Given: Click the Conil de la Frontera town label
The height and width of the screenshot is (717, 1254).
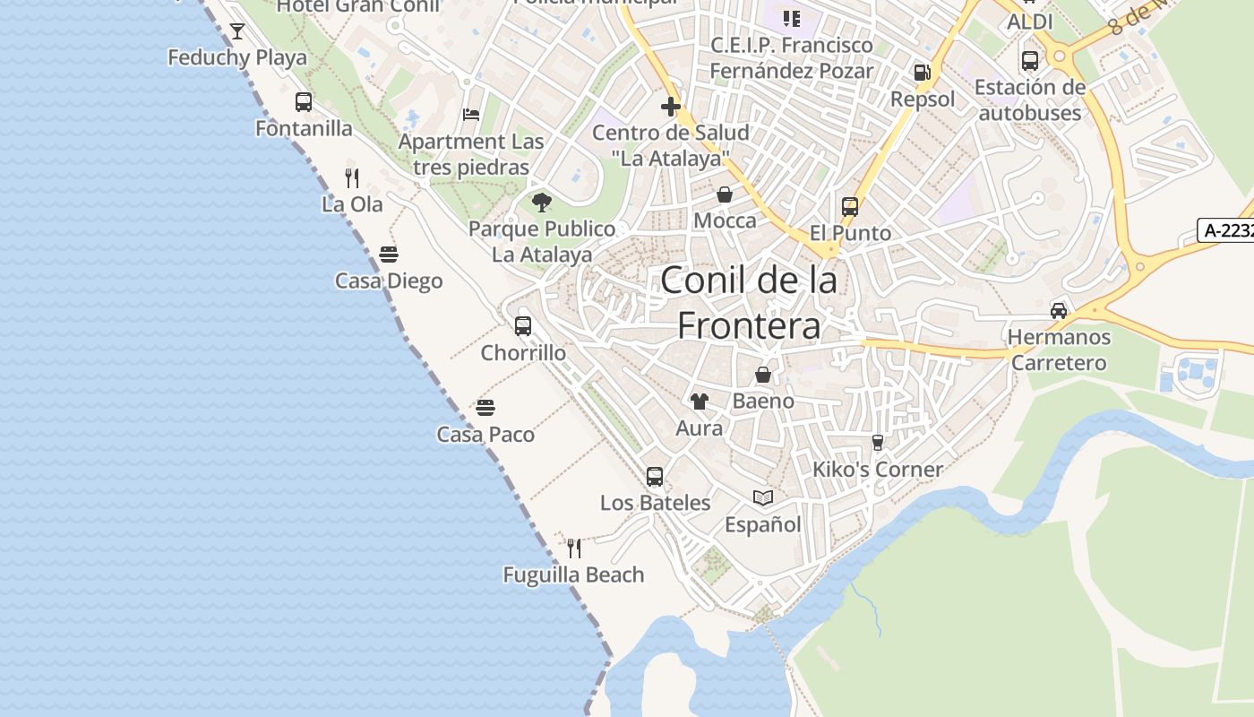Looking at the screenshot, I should click(749, 303).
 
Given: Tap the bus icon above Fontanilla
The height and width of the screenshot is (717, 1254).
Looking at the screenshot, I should click(304, 102).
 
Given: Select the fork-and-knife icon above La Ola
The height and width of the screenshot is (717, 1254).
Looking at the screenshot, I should click(352, 178).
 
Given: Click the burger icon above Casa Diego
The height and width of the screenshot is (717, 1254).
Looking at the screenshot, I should click(389, 255).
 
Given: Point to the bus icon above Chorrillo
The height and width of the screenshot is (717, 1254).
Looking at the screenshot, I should click(523, 326).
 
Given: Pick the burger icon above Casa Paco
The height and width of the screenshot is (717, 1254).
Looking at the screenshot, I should click(485, 408).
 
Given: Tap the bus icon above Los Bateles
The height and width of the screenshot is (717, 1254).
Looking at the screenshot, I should click(655, 477).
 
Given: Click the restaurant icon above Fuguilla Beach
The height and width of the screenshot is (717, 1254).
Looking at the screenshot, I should click(574, 548).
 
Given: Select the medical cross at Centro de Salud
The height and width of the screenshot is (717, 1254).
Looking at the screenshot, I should click(670, 108).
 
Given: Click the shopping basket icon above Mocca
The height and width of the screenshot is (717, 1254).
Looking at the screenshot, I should click(725, 194).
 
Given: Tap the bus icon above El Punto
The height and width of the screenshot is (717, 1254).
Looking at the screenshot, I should click(850, 207).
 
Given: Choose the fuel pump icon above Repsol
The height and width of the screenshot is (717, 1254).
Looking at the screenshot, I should click(922, 73).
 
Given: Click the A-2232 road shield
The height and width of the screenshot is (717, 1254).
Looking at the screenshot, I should click(1226, 230).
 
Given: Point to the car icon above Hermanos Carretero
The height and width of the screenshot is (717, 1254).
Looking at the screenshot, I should click(1059, 311).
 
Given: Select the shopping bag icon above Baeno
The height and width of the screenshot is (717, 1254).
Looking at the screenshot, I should click(763, 375).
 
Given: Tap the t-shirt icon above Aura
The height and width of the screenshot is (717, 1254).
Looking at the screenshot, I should click(699, 402).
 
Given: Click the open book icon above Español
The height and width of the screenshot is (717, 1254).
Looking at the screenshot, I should click(763, 497).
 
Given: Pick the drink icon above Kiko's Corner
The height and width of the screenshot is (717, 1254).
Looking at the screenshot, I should click(878, 443).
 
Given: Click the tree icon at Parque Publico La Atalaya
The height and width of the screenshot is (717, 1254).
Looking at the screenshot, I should click(542, 203).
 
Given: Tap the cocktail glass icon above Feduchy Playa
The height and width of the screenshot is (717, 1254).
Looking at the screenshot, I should click(237, 32).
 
